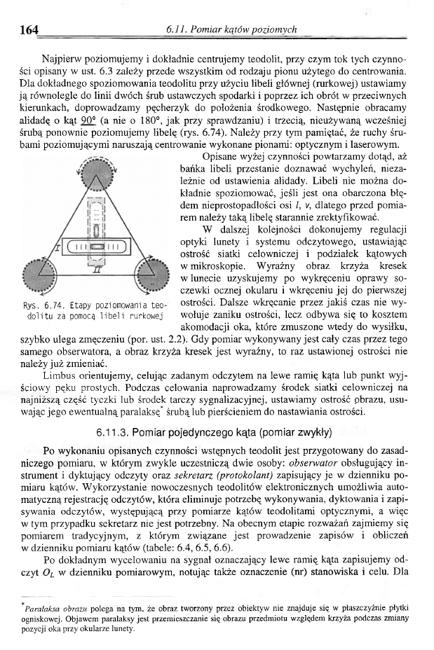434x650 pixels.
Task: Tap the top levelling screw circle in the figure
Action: [97, 175]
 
